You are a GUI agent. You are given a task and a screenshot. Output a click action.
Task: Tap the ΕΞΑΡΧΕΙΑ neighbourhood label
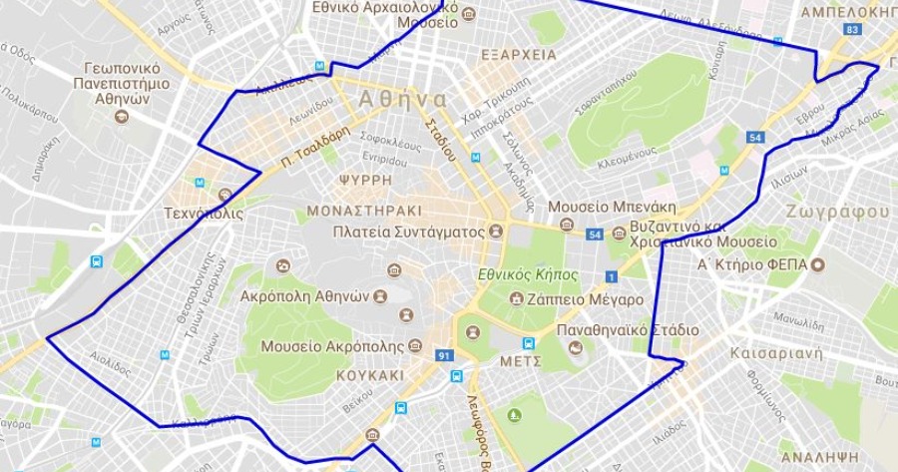coord(518,55)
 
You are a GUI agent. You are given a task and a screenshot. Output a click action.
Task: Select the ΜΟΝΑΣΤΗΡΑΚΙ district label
coord(364,211)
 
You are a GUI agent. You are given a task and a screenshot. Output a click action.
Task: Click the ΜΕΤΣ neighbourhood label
coord(522,360)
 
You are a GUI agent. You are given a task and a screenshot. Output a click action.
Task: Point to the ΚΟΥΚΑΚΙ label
coord(370,376)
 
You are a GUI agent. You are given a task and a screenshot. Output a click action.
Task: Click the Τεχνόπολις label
coord(204,214)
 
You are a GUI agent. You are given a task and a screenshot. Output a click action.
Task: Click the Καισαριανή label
coord(774,353)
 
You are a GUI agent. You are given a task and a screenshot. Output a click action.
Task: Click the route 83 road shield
coord(851,30)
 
